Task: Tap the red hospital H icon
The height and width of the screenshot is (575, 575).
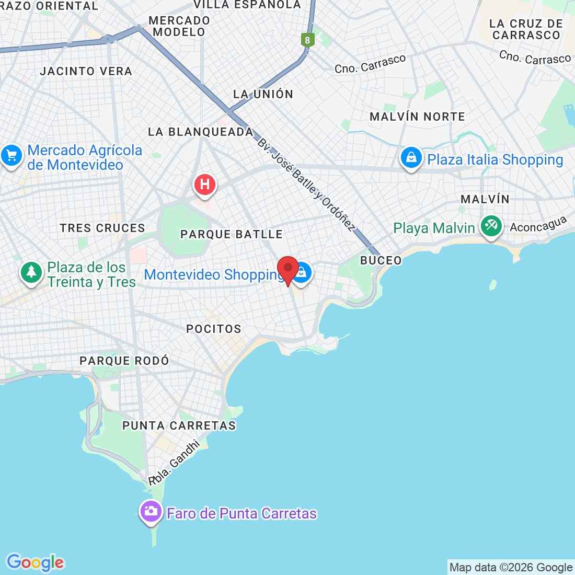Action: click(x=205, y=185)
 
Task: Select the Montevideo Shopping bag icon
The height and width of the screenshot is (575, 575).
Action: click(x=302, y=272)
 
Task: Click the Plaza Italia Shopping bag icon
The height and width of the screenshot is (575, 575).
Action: click(x=411, y=157)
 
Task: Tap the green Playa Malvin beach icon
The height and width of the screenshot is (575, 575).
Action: click(x=491, y=226)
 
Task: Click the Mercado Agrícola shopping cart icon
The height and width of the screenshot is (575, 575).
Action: click(x=11, y=155)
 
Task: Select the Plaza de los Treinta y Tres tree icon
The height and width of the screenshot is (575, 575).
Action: click(x=31, y=272)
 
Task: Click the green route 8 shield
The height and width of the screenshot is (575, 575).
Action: click(x=307, y=40)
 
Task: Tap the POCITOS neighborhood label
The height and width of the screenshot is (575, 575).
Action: click(x=214, y=329)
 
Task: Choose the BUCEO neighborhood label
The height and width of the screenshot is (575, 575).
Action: click(x=381, y=260)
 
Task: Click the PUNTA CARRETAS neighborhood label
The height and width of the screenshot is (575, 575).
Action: click(x=179, y=425)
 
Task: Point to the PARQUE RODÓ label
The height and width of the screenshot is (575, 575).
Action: click(x=124, y=361)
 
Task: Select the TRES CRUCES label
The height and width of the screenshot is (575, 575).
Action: click(x=102, y=228)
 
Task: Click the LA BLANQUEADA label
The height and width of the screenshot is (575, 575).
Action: click(x=201, y=132)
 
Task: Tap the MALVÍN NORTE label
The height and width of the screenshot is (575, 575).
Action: click(x=417, y=117)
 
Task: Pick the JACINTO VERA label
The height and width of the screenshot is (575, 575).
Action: click(x=86, y=71)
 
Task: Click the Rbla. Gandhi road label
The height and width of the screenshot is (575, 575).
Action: click(x=174, y=463)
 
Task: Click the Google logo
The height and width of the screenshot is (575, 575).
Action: click(x=35, y=562)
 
